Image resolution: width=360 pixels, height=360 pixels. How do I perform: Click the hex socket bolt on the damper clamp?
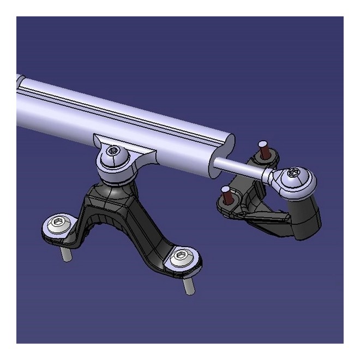113,150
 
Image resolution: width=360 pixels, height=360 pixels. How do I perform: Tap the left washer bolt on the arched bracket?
58,223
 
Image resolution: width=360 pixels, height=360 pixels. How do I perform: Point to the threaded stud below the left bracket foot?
66,254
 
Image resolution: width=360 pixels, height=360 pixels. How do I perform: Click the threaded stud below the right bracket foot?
188,285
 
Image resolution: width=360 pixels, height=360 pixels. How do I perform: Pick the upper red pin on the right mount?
265,149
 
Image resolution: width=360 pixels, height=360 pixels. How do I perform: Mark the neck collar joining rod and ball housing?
268,175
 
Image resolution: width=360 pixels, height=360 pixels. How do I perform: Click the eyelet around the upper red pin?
266,159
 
